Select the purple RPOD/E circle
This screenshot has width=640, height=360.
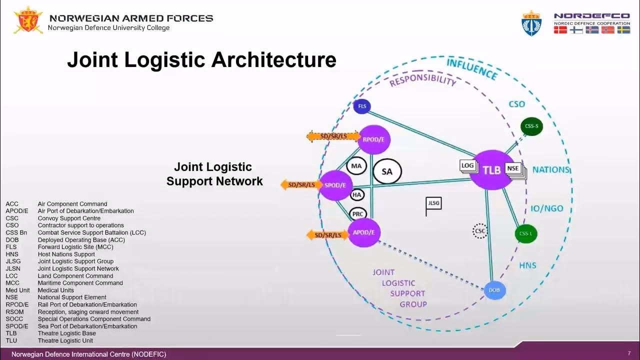(374, 140)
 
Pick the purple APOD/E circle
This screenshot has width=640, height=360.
(364, 232)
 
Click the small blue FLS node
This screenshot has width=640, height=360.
(361, 106)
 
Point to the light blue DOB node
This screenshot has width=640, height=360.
(494, 290)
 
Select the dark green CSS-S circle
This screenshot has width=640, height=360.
(531, 126)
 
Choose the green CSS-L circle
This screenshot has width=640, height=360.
(525, 233)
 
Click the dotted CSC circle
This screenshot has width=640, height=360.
(480, 231)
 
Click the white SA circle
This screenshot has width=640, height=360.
(387, 171)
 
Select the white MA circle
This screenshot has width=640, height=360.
(356, 166)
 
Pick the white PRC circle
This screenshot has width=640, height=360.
(358, 214)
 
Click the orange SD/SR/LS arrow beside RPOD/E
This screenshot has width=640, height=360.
(333, 136)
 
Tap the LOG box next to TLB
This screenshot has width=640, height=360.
(467, 166)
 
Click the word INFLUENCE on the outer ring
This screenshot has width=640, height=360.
(471, 69)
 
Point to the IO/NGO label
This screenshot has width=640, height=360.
(546, 208)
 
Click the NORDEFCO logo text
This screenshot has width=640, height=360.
(591, 16)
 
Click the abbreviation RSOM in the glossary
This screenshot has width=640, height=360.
(14, 312)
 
